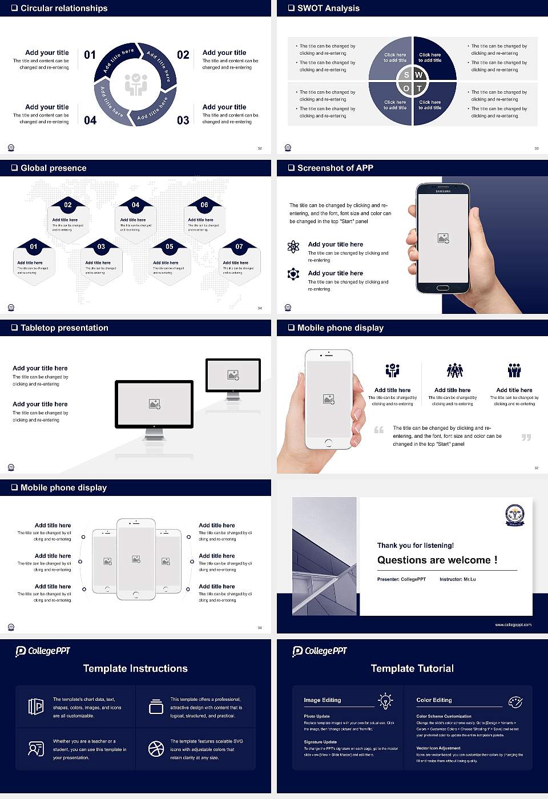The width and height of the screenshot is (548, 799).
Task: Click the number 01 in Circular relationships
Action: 90,55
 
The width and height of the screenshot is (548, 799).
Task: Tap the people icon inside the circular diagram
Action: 136,84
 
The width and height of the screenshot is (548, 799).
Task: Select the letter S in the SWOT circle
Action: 406,75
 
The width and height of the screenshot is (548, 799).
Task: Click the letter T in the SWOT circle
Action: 419,88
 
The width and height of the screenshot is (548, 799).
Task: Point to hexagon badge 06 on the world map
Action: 204,205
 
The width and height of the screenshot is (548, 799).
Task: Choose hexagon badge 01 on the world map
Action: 34,247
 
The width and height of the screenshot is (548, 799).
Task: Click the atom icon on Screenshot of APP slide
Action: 293,247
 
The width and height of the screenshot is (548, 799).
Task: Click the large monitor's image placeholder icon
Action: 154,404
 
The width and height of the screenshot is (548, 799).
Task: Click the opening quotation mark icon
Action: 378,430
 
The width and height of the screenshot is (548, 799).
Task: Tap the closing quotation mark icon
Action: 526,437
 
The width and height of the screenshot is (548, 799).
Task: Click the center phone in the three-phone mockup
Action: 136,559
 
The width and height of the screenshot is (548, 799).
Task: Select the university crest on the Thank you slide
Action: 514,515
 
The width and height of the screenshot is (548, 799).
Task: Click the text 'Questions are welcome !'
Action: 437,560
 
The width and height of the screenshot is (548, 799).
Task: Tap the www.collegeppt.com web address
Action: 513,624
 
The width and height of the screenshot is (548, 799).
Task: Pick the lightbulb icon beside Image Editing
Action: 385,701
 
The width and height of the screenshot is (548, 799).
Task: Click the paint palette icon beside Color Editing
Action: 515,701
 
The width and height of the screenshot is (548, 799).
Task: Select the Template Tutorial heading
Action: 412,668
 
